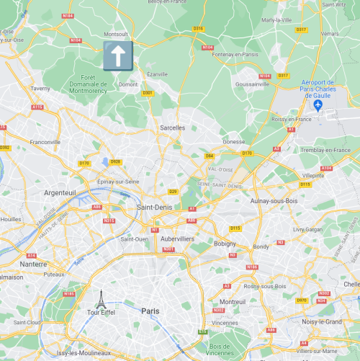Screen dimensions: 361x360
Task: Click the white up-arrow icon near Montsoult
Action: click(117, 55)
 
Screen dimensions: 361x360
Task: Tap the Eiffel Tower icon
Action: click(101, 298)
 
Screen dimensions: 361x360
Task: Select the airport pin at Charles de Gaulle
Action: click(318, 106)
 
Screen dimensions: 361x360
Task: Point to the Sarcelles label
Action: click(172, 128)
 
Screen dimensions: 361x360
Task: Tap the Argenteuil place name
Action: click(60, 193)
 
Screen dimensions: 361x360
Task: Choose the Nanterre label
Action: click(32, 264)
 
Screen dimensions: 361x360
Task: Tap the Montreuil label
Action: click(233, 301)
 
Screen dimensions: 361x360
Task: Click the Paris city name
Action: click(150, 311)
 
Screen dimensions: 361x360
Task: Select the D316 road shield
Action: click(199, 28)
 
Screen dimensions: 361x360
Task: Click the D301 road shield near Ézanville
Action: click(148, 92)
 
